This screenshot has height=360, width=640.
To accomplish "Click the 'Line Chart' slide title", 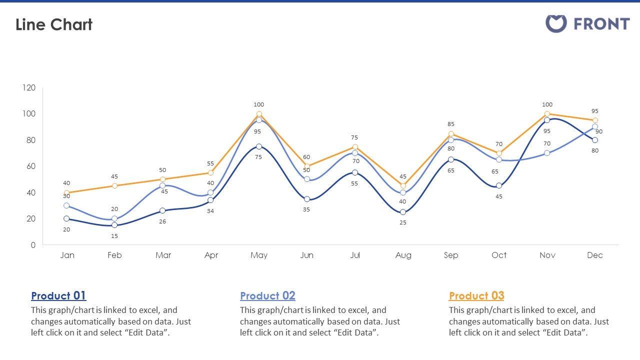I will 54,24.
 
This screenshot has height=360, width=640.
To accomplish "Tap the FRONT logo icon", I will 555,23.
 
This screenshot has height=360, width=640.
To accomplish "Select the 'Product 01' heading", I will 58,295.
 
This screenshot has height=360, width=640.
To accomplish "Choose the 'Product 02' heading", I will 267,295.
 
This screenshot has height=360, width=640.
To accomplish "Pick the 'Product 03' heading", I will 476,295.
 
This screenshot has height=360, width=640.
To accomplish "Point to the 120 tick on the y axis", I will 29,88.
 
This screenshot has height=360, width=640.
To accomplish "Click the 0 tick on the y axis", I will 33,245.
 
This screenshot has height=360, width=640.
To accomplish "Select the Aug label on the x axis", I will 403,255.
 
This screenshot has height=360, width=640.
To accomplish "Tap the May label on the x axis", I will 259,255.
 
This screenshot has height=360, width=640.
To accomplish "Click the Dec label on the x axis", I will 595,255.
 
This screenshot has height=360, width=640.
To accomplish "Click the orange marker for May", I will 259,114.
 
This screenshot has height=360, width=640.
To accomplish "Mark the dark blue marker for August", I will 403,212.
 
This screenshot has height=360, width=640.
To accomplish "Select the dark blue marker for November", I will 547,120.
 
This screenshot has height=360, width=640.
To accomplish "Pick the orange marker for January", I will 66,192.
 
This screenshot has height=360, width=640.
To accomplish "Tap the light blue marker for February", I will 114,218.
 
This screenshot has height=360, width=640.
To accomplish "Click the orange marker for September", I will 451,134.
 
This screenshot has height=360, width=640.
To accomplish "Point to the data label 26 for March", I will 162,221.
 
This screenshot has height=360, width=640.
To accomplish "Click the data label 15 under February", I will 114,236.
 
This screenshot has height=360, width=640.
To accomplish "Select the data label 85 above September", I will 451,124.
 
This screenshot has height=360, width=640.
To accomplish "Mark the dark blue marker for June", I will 307,199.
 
